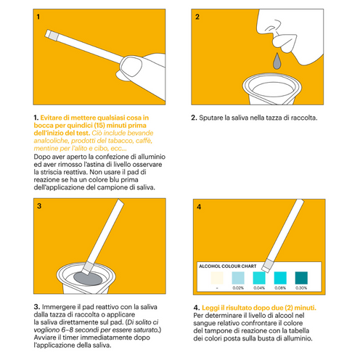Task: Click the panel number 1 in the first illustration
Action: click(x=38, y=17)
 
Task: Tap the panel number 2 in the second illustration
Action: click(x=197, y=17)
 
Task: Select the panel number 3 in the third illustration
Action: click(x=39, y=206)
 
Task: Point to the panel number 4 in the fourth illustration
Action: click(x=199, y=207)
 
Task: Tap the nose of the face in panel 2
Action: click(x=269, y=23)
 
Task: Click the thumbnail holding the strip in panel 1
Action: click(x=131, y=66)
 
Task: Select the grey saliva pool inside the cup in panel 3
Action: click(x=88, y=279)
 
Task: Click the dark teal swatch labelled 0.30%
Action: click(x=301, y=278)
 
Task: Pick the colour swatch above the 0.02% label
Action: click(x=238, y=278)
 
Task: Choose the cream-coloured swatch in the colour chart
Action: click(x=217, y=278)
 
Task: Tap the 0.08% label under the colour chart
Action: click(x=280, y=288)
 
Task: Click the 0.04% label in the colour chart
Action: click(x=259, y=288)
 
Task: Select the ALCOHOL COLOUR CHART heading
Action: click(x=228, y=266)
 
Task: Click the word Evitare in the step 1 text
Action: click(x=51, y=118)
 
